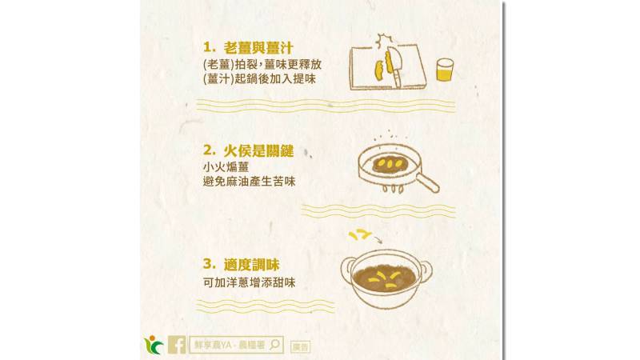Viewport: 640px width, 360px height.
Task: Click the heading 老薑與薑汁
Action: pos(258,48)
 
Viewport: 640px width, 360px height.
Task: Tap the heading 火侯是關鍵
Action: pos(258,150)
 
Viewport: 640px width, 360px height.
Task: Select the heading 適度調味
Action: pos(251,265)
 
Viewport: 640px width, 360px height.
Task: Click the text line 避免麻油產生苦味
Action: pos(249,182)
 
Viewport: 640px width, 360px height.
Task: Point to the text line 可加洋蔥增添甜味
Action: pos(249,282)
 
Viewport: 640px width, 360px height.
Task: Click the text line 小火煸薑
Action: pos(226,166)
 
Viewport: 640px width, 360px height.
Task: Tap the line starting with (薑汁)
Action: pos(259,78)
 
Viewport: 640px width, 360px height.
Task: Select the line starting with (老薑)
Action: pos(262,64)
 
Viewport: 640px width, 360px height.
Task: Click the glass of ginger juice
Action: pos(445,70)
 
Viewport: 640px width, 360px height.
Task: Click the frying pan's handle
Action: pos(427,182)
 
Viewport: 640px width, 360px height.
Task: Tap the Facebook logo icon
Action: pos(177,345)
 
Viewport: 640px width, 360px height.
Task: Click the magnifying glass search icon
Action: pos(275,345)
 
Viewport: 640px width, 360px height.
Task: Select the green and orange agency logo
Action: pos(154,345)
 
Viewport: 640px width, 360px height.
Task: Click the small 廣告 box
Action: pos(301,347)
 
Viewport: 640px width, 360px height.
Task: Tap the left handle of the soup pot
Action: pos(347,270)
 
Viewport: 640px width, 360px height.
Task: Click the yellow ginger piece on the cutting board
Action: pos(379,70)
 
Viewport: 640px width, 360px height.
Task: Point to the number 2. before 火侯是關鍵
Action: pos(209,150)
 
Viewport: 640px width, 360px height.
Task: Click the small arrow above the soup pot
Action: pos(378,238)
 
